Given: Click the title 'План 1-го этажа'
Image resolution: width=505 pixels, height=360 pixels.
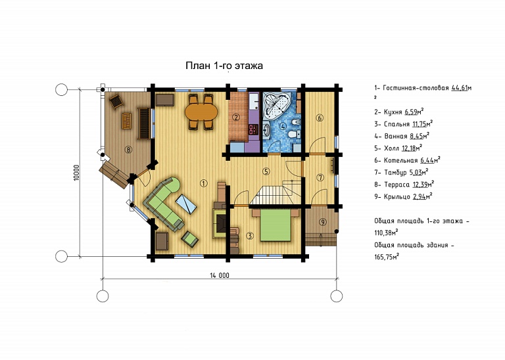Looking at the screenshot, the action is [224, 66].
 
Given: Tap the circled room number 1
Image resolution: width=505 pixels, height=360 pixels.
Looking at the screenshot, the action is [204, 183].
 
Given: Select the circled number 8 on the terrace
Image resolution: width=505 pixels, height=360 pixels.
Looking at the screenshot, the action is [128, 150].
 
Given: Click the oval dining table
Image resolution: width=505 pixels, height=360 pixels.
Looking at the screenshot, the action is [201, 112].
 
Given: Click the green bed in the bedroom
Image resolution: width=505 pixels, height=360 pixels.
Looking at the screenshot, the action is [276, 225].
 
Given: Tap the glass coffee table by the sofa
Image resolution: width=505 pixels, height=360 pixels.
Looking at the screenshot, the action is [186, 204].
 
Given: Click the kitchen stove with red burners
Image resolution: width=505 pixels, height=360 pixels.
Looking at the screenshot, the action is [253, 129].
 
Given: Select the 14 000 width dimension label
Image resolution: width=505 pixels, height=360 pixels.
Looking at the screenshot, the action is [220, 275].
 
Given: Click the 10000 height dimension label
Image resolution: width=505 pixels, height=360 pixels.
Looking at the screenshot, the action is [76, 173].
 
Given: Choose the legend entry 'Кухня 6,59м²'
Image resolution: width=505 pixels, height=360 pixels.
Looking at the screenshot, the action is [398, 112].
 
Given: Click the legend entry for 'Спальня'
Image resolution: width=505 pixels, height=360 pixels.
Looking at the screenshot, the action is [403, 124].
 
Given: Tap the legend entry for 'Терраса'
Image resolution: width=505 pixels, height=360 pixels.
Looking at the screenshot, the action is [404, 185].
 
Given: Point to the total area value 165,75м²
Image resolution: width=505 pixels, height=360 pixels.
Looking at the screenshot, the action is [387, 257].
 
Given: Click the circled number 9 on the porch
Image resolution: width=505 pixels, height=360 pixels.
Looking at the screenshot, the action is [322, 221].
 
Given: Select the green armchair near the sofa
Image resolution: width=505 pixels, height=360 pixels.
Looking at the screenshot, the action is [190, 238].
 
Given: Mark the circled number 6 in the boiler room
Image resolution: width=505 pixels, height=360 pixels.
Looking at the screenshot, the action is [320, 118].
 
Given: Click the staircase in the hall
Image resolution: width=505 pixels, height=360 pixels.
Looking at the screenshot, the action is [277, 192].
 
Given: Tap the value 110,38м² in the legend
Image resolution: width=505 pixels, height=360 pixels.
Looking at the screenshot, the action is [386, 233].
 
